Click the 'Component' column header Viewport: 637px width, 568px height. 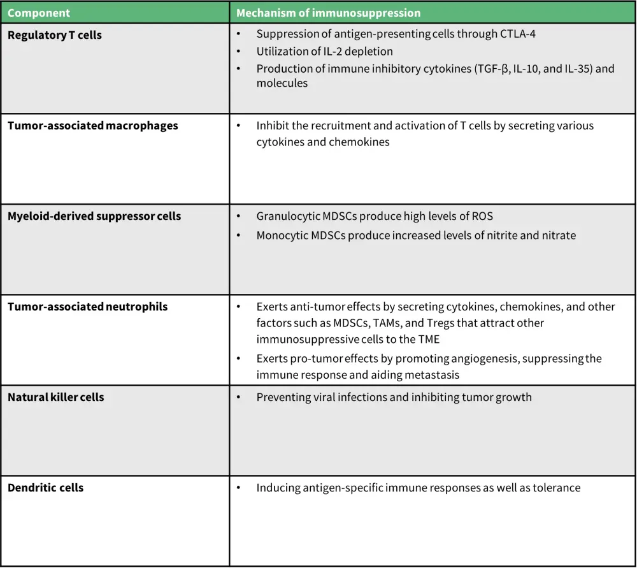(39, 13)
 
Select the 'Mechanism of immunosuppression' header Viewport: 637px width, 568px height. (328, 13)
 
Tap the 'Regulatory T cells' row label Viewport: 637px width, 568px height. (55, 35)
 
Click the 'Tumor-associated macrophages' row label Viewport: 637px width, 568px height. (92, 126)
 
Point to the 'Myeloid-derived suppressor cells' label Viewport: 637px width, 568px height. (94, 216)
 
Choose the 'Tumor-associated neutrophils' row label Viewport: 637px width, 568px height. (87, 307)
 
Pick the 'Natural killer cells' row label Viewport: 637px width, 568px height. (56, 397)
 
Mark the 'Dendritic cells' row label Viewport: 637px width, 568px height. (45, 488)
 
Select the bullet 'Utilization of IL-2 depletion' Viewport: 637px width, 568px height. (324, 51)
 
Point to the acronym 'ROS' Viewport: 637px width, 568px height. (482, 216)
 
